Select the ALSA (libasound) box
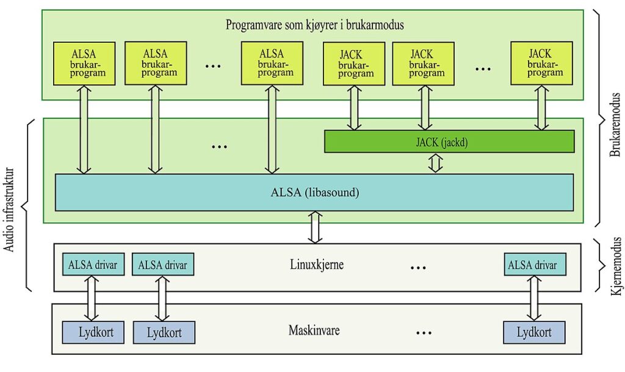[314, 192]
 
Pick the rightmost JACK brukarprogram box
[540, 63]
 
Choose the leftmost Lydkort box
[93, 332]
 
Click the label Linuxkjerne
[316, 265]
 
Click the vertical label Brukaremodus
[615, 125]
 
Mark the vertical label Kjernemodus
[615, 266]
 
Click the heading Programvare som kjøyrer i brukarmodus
[315, 26]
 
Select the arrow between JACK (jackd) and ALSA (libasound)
[435, 163]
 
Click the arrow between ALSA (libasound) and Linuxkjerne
[315, 227]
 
